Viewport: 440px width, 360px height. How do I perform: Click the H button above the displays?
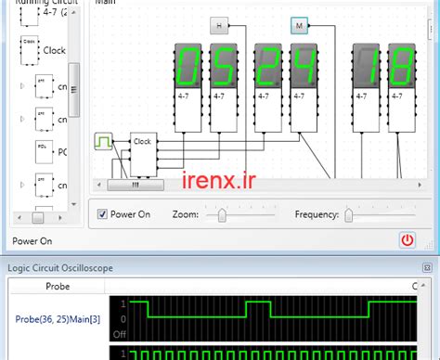point(219,26)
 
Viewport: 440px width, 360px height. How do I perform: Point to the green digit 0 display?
point(188,66)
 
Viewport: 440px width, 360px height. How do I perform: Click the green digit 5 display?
point(223,66)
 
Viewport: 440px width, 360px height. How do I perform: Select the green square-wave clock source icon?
point(103,142)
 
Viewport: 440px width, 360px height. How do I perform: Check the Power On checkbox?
point(103,214)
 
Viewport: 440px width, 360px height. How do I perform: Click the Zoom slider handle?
point(221,214)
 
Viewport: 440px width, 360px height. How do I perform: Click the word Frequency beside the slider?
point(317,214)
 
